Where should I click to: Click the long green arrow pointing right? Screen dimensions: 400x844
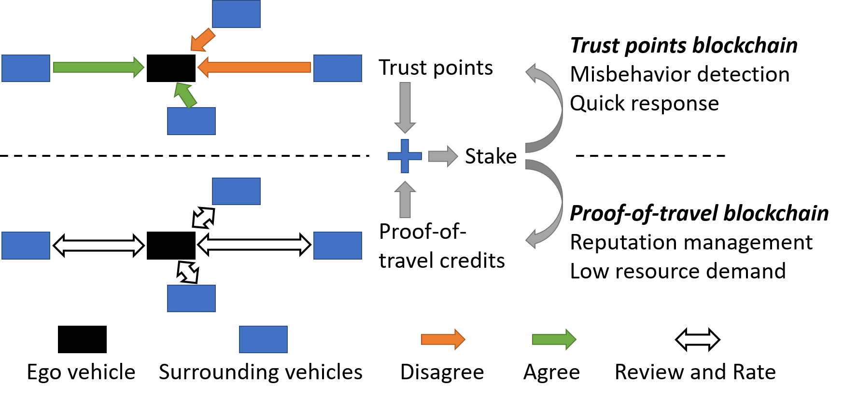click(x=98, y=67)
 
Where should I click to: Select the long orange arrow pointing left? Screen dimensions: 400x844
click(x=254, y=67)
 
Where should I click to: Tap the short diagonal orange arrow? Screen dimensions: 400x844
click(x=203, y=40)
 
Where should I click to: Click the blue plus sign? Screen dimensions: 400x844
click(x=405, y=156)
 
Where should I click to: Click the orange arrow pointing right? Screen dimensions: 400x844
click(x=443, y=340)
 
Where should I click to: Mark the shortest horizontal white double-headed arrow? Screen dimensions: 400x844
click(x=698, y=340)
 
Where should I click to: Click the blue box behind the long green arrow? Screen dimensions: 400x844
click(x=26, y=68)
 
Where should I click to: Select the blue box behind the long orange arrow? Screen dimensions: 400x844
click(x=338, y=68)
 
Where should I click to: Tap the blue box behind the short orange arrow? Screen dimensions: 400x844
click(x=236, y=14)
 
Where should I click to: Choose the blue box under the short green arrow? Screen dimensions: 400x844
click(x=191, y=121)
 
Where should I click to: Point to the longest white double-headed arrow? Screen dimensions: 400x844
click(x=254, y=245)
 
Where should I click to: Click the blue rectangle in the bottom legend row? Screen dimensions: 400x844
click(x=263, y=339)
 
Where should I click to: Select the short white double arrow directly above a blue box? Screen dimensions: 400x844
click(x=188, y=272)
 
